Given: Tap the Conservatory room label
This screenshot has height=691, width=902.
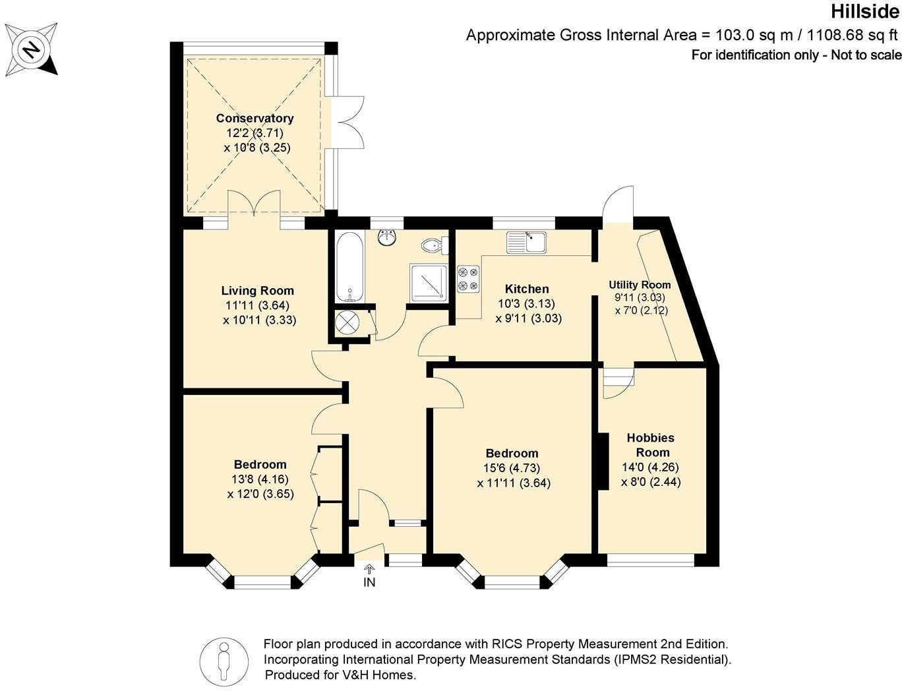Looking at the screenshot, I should pyautogui.click(x=255, y=119).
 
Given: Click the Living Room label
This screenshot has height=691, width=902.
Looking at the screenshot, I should pyautogui.click(x=257, y=291).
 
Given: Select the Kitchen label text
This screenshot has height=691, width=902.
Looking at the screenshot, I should pyautogui.click(x=526, y=289).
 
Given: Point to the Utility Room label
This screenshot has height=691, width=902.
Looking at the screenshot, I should pyautogui.click(x=639, y=285).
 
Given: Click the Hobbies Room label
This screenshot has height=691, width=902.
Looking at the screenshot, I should pyautogui.click(x=650, y=445).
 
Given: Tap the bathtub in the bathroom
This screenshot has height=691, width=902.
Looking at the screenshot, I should pyautogui.click(x=348, y=266).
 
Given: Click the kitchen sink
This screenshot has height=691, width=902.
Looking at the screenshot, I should pyautogui.click(x=526, y=242).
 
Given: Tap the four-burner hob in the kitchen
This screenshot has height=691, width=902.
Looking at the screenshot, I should pyautogui.click(x=468, y=278).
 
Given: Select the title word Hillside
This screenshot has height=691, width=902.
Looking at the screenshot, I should pyautogui.click(x=864, y=12).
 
